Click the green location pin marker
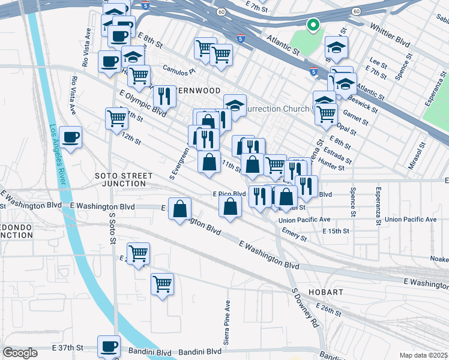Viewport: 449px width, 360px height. pos(312,25)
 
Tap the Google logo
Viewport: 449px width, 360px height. pos(20,352)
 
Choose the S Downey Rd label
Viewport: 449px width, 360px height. pos(304,308)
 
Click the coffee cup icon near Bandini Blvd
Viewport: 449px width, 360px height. pos(110,346)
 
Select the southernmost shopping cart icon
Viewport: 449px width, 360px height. pos(161,283)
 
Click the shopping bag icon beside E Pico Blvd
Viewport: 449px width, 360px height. pos(231,206)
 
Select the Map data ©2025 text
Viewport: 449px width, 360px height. pos(424,355)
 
